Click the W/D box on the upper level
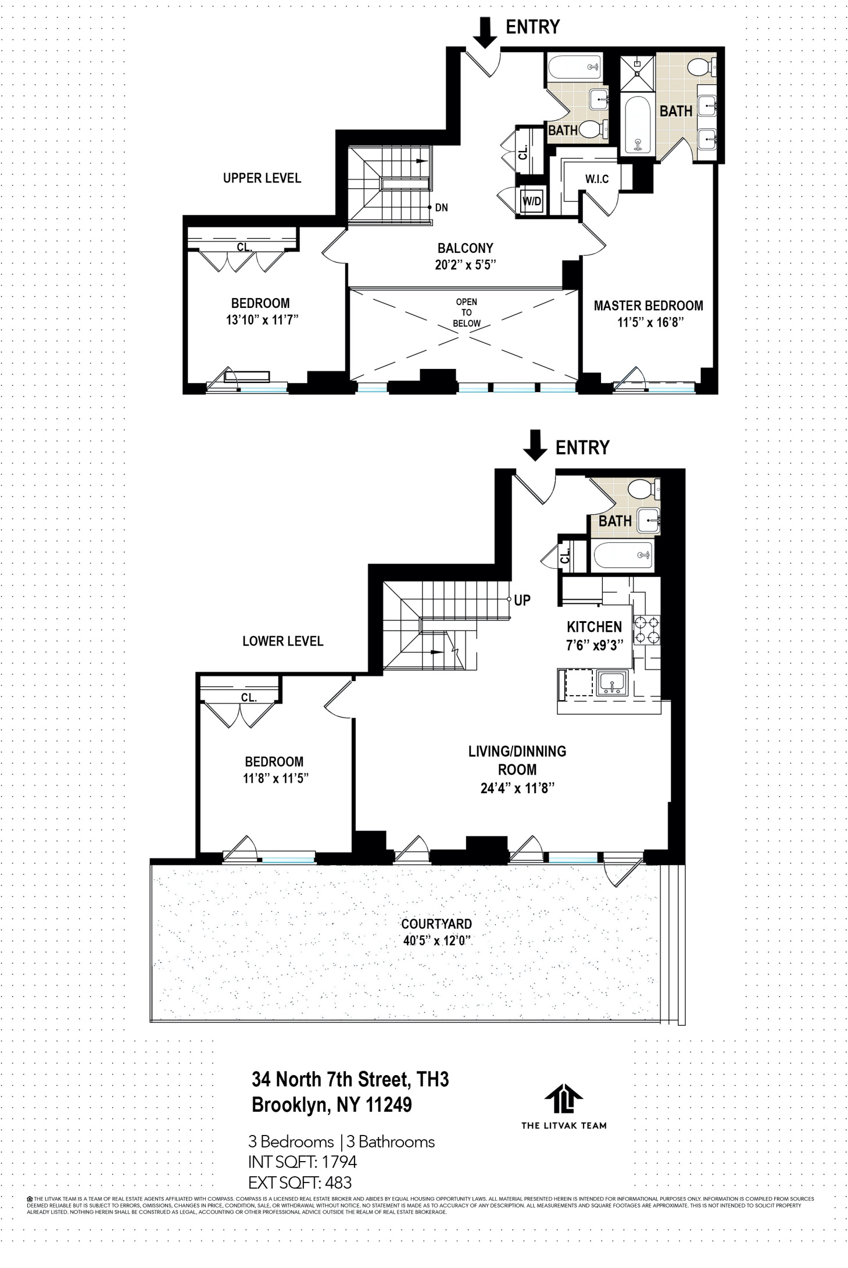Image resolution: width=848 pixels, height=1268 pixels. click(532, 202)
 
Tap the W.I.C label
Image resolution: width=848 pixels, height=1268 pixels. click(597, 179)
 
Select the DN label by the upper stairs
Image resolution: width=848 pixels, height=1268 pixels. click(441, 207)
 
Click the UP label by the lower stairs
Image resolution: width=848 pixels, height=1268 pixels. click(522, 600)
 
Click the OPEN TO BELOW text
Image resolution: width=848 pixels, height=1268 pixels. click(466, 313)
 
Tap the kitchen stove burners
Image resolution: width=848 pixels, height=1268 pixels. click(646, 630)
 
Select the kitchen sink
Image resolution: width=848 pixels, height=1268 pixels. click(611, 683)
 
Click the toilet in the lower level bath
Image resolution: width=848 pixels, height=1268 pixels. click(643, 488)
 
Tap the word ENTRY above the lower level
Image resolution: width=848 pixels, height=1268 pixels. click(582, 447)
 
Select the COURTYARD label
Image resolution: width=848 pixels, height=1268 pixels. click(436, 924)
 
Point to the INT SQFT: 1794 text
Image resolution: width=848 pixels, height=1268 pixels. click(302, 1162)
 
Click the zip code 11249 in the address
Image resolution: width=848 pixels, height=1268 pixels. click(389, 1104)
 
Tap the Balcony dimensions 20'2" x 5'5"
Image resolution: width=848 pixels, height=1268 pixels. click(465, 265)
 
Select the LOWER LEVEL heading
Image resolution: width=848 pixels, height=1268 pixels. click(282, 641)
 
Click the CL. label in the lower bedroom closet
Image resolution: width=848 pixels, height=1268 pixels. click(248, 697)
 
